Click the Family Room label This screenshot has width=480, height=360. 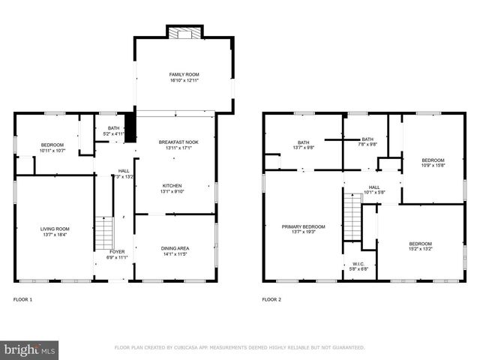(x=183, y=75)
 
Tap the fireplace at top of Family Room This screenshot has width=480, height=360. (x=183, y=33)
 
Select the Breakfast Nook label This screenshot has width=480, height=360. (x=178, y=142)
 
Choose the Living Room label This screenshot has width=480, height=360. (x=55, y=229)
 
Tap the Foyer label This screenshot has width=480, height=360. (x=118, y=252)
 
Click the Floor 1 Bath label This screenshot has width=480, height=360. (x=114, y=128)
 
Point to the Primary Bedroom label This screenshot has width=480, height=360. (x=303, y=226)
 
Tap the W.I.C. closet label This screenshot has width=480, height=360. (x=358, y=264)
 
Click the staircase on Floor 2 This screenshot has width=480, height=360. (x=351, y=214)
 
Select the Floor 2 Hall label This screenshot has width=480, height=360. (x=373, y=187)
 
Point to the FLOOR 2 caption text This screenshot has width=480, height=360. (x=271, y=299)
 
